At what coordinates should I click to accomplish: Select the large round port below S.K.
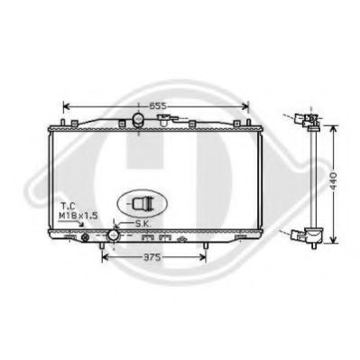tap(114, 235)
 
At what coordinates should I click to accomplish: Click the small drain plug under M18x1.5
tap(86, 237)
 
